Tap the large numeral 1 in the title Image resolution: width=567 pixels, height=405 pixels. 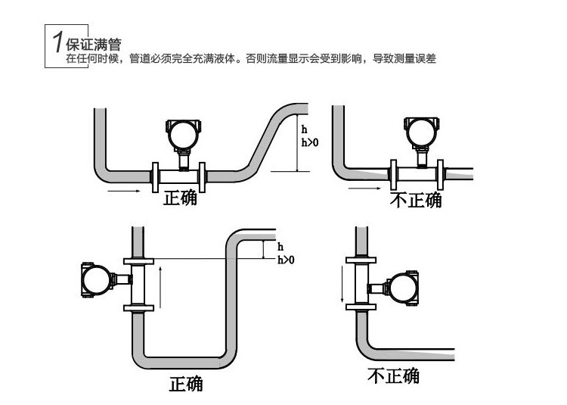57,44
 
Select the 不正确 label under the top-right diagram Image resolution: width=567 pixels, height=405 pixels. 415,200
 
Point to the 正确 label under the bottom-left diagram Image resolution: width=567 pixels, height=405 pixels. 185,384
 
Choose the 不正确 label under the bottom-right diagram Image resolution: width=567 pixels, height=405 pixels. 393,375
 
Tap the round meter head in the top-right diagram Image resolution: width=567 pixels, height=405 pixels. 422,134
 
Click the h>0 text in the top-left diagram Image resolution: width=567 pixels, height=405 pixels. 310,143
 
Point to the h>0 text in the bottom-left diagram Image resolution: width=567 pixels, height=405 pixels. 286,260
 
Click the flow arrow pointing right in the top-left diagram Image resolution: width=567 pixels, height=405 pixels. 124,192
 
